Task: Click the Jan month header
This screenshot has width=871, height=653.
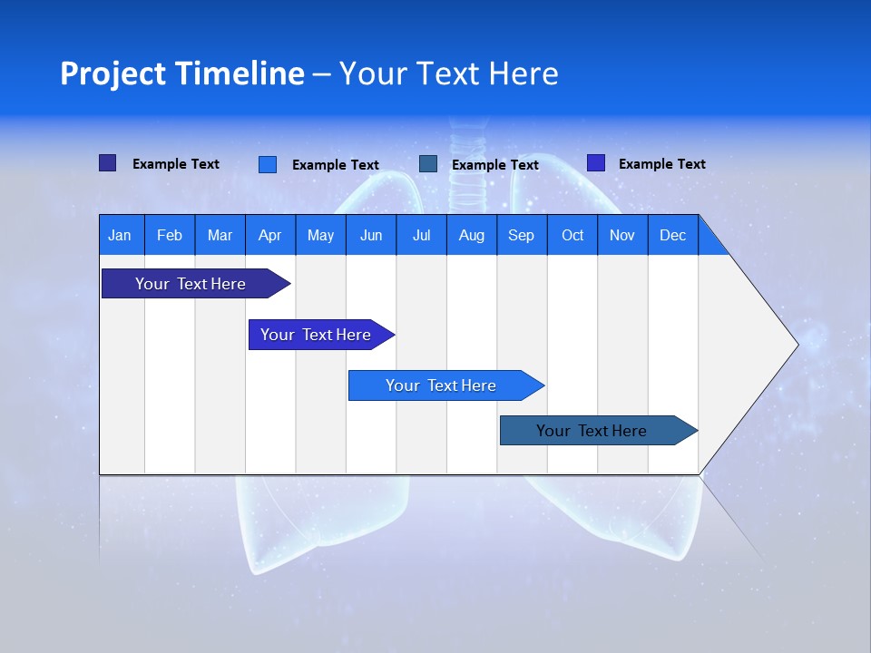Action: (120, 235)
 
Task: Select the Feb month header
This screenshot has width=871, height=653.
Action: (170, 235)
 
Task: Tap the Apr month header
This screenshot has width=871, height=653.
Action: (269, 235)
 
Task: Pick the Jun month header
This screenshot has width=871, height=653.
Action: (371, 235)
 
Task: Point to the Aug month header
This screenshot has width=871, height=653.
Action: (471, 235)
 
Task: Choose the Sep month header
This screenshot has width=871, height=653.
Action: (521, 235)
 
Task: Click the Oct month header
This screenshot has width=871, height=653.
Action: (573, 235)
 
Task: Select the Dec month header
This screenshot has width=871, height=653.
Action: (672, 235)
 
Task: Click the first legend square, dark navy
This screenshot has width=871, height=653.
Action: (107, 163)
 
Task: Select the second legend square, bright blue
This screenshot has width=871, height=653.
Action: (267, 164)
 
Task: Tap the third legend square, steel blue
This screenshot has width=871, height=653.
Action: (428, 163)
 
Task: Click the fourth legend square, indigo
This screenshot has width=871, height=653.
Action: (595, 163)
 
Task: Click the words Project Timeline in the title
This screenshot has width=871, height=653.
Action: (181, 73)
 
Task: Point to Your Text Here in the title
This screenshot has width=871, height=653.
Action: (448, 73)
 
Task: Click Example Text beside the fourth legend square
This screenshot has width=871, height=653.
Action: (661, 164)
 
